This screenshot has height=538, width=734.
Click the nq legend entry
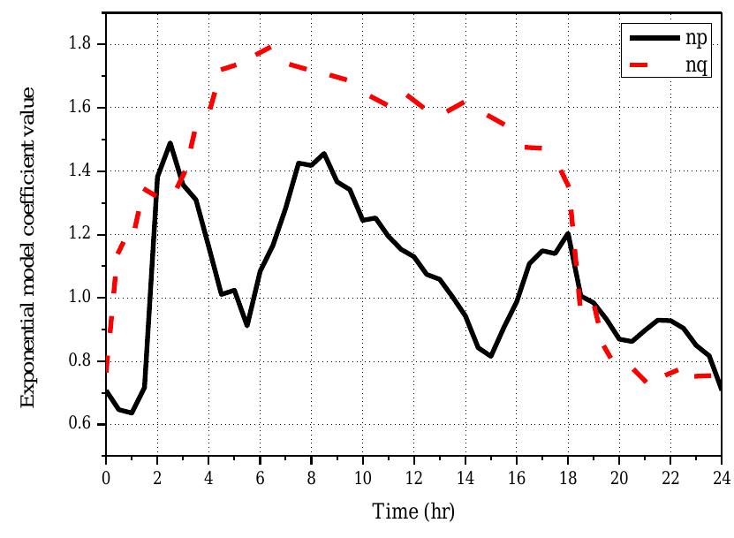tap(694, 64)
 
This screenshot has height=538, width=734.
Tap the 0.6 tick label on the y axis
tap(81, 424)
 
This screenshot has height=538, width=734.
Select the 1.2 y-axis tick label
tap(81, 234)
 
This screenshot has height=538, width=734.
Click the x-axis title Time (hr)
tap(412, 511)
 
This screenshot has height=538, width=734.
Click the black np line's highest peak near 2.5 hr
tap(170, 142)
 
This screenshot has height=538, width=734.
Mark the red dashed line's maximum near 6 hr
tap(270, 46)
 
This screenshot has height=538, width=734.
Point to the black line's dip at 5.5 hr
tap(247, 325)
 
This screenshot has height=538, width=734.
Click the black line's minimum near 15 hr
tap(490, 356)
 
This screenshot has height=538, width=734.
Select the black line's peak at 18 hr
tap(567, 233)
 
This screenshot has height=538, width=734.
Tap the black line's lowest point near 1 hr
tap(132, 413)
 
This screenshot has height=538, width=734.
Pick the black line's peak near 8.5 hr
tap(324, 153)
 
